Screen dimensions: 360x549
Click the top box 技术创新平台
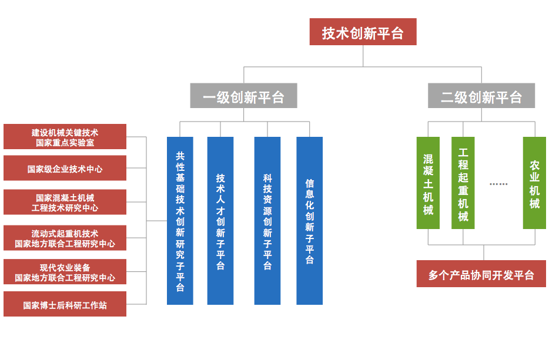pyautogui.click(x=363, y=32)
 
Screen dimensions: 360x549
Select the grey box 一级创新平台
pyautogui.click(x=243, y=96)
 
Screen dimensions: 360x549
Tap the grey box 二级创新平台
pyautogui.click(x=481, y=96)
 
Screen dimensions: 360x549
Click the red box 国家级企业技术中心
pyautogui.click(x=65, y=169)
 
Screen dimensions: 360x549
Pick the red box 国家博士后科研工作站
pyautogui.click(x=65, y=304)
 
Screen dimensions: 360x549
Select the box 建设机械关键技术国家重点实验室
pyautogui.click(x=65, y=137)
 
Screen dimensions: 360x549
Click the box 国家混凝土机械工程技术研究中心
pyautogui.click(x=65, y=202)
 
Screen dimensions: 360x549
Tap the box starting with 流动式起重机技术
pyautogui.click(x=65, y=238)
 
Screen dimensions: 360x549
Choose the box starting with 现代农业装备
pyautogui.click(x=65, y=272)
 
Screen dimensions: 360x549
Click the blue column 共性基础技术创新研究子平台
pyautogui.click(x=180, y=221)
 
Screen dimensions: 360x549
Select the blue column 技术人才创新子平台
pyautogui.click(x=220, y=221)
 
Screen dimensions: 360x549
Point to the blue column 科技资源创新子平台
pyautogui.click(x=267, y=221)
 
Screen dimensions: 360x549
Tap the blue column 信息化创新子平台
pyautogui.click(x=309, y=221)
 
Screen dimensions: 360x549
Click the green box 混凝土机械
pyautogui.click(x=428, y=183)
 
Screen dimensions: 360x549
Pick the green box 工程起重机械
pyautogui.click(x=463, y=183)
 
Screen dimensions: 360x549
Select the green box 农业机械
pyautogui.click(x=534, y=183)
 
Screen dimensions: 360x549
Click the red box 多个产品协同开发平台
pyautogui.click(x=481, y=274)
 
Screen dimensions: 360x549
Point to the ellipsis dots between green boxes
pyautogui.click(x=498, y=184)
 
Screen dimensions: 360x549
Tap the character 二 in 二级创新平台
pyautogui.click(x=448, y=96)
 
